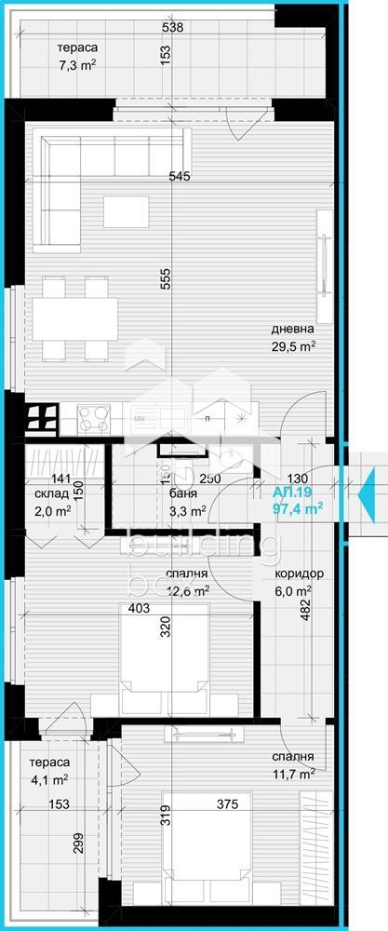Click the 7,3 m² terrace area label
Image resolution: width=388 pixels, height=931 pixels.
coord(76,66)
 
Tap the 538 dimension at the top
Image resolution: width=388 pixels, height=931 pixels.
coord(171,28)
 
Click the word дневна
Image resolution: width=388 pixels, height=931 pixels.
coord(292,329)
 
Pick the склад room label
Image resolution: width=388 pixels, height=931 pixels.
coord(52,493)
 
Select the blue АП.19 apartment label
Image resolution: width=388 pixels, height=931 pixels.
coord(291,492)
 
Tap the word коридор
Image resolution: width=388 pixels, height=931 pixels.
coord(300,574)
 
